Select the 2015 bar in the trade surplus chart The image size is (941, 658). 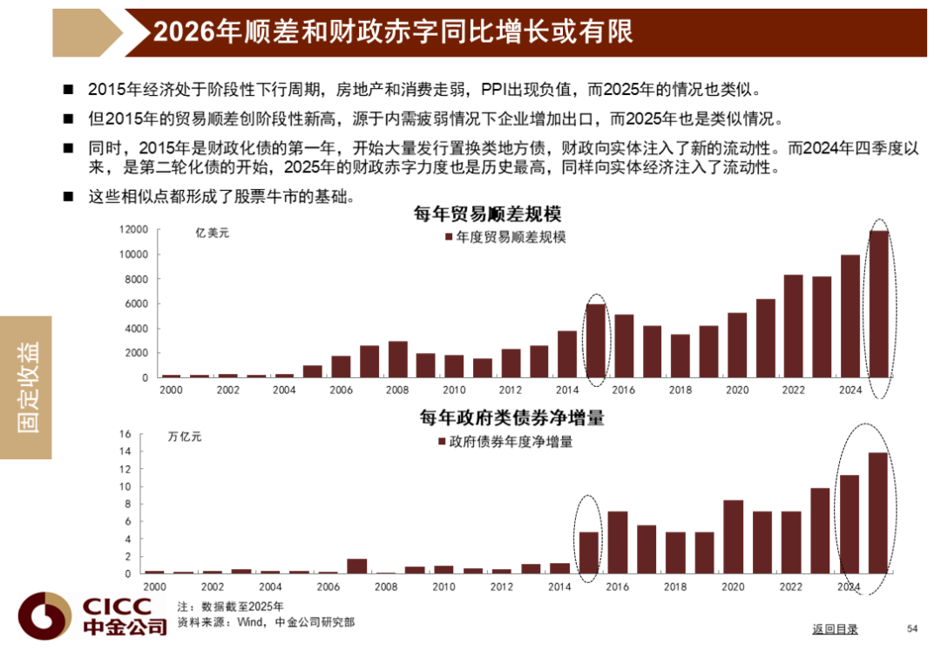[596, 341]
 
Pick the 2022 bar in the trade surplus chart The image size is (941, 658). [794, 326]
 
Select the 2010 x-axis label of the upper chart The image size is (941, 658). [454, 390]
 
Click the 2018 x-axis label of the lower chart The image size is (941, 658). [675, 587]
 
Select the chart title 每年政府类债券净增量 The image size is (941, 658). [511, 418]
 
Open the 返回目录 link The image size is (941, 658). [835, 629]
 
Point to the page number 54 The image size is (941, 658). [913, 629]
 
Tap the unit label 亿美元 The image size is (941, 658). [213, 233]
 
